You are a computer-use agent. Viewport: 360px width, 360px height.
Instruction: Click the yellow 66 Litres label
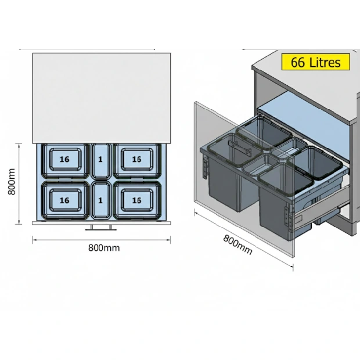(316, 62)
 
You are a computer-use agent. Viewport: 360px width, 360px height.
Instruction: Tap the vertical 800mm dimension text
(12, 182)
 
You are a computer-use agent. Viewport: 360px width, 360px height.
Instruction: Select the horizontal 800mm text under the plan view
(104, 248)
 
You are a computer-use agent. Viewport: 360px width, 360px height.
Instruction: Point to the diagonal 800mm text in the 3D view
(237, 245)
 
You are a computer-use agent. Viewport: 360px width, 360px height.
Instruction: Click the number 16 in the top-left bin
(64, 159)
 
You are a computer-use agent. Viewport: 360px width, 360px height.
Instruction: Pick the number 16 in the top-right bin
(136, 159)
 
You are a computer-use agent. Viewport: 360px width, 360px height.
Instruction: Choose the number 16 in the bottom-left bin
(64, 200)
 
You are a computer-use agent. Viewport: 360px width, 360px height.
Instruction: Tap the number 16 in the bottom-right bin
(136, 200)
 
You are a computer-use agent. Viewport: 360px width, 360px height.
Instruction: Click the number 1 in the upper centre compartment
(100, 159)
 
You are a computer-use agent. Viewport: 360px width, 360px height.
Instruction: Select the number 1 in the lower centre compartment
(100, 200)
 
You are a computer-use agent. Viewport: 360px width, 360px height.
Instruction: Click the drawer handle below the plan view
(101, 228)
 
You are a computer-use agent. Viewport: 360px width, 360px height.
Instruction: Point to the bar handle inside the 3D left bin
(239, 146)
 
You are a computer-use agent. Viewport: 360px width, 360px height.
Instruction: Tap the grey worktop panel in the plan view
(101, 98)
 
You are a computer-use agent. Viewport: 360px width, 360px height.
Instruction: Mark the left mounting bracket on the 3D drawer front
(205, 167)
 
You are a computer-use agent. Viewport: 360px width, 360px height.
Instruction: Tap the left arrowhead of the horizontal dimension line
(34, 240)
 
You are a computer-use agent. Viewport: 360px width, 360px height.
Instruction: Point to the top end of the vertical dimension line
(19, 143)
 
